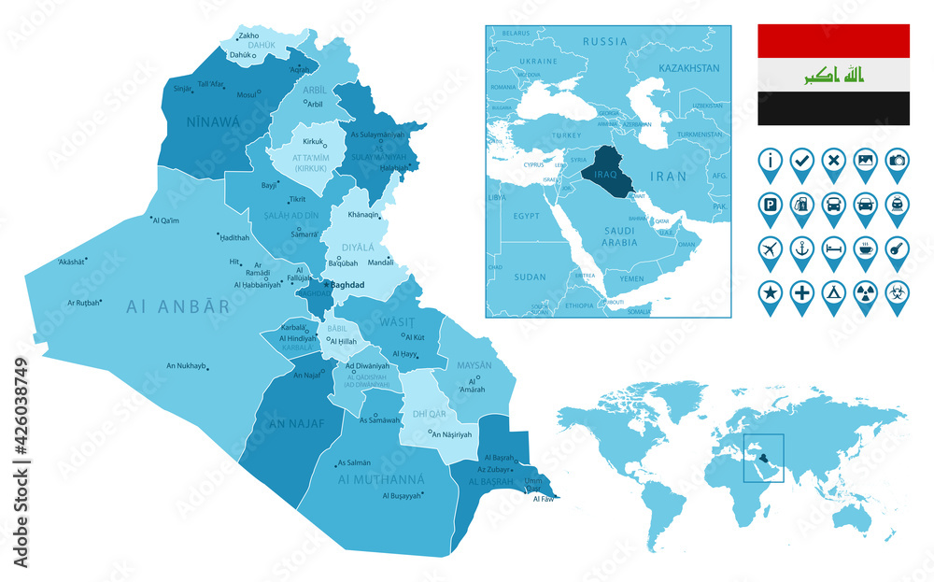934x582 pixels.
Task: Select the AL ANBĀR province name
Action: [x=177, y=305]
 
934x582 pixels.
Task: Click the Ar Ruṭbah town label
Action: [x=83, y=303]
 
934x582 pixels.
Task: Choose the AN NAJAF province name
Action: [x=297, y=423]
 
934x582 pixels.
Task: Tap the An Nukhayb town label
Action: [x=185, y=365]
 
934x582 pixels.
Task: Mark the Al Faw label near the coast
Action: [x=543, y=499]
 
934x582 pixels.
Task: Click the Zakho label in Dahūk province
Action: [x=249, y=36]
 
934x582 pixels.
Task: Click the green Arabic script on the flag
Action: [x=833, y=75]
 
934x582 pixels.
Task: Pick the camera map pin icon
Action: [x=897, y=161]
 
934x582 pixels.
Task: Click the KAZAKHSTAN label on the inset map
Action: [x=689, y=68]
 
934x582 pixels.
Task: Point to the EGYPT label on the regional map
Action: [x=526, y=216]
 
